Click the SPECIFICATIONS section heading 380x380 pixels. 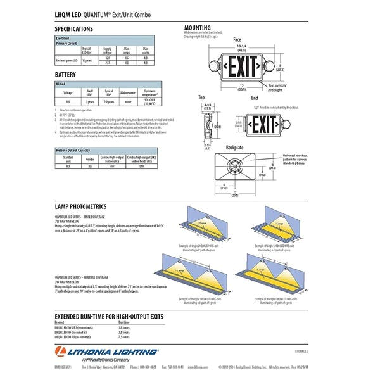(79, 29)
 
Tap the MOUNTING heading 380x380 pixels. (198, 28)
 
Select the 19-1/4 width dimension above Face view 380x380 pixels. (241, 46)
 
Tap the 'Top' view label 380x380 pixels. (201, 98)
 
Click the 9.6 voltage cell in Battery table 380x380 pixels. (68, 101)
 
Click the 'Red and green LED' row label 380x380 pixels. (66, 60)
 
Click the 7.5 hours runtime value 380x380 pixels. (124, 337)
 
